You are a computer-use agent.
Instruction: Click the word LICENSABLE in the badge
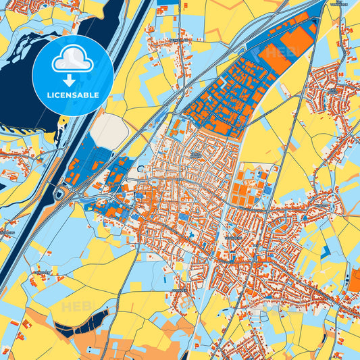tap(72, 95)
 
